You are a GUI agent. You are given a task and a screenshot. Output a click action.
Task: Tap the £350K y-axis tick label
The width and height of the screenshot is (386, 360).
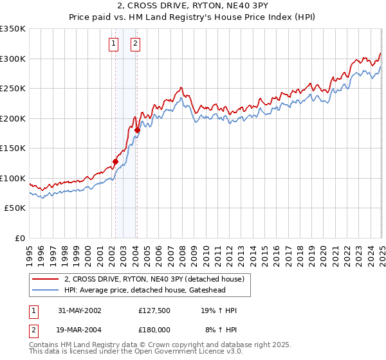pos(13,29)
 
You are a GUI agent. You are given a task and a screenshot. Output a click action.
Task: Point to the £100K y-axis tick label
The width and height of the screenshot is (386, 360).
pos(13,178)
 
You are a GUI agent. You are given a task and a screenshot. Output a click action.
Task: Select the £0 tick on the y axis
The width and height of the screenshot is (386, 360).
pos(20,238)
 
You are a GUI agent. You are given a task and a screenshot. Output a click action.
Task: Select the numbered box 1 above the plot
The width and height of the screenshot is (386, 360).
pos(114,44)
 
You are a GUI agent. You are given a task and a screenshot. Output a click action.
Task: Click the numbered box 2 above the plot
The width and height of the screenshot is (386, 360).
pos(136,44)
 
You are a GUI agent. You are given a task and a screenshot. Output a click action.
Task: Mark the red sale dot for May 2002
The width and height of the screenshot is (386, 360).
pos(116,161)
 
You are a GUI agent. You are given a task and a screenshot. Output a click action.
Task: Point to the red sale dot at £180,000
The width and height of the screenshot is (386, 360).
pos(137,130)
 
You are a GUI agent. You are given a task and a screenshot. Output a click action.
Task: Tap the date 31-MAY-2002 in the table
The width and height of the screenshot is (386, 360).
pos(80,310)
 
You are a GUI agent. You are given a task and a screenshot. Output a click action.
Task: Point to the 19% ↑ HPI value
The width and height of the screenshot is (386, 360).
pos(219,310)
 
